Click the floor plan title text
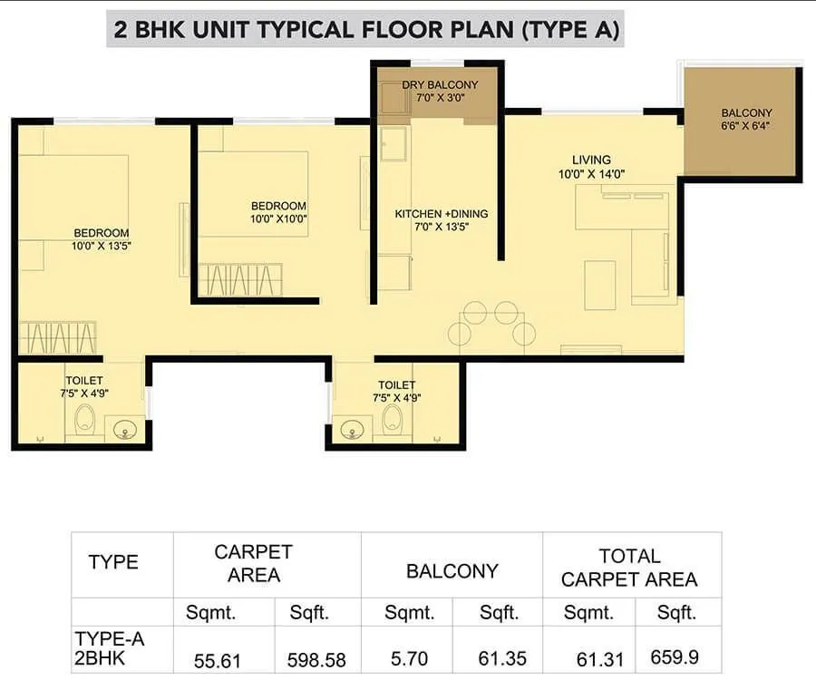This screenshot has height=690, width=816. [367, 29]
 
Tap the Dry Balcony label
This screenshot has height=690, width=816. [440, 85]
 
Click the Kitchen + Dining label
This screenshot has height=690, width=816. [441, 214]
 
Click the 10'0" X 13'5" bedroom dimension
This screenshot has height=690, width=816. [102, 245]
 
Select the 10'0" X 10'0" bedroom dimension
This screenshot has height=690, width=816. [278, 219]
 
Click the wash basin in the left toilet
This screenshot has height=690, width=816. [121, 428]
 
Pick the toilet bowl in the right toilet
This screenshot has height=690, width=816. [393, 419]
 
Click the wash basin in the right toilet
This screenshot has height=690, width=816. [353, 429]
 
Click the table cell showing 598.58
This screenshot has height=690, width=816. [316, 660]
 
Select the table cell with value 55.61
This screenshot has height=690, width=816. [218, 660]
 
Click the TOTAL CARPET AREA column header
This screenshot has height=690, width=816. [629, 567]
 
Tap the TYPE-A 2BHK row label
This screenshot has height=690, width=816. [110, 648]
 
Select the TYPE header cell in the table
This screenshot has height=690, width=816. [115, 562]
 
